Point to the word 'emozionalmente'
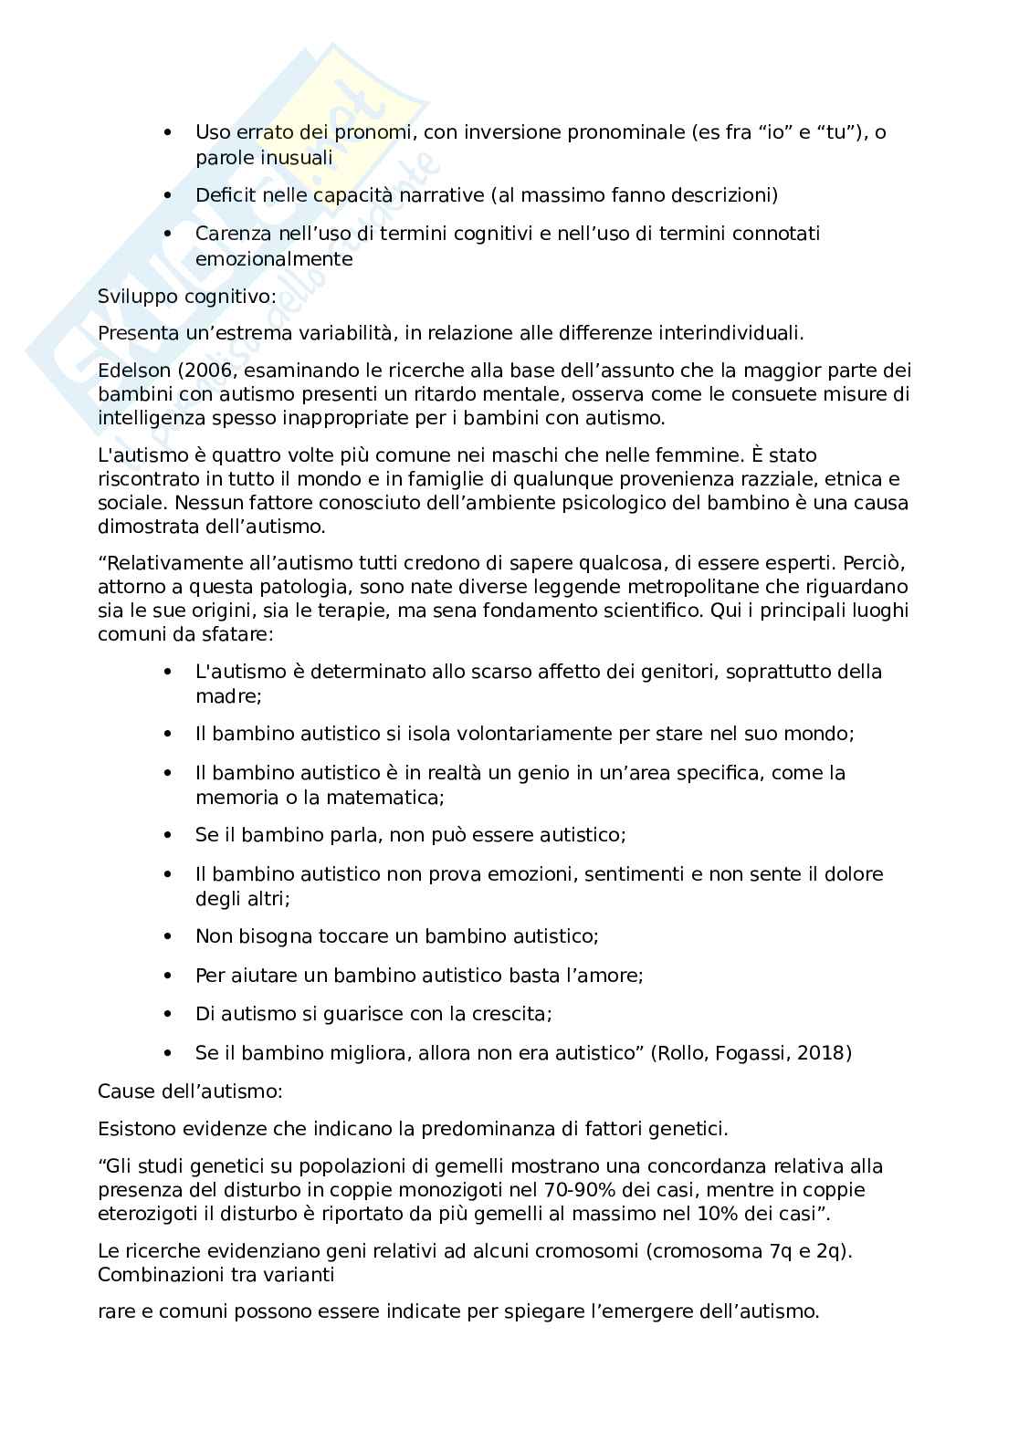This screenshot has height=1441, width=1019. click(x=273, y=259)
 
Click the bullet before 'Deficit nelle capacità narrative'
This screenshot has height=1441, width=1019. click(x=166, y=196)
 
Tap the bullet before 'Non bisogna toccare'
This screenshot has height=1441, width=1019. click(x=166, y=937)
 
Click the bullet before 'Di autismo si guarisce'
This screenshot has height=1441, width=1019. click(x=166, y=1015)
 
